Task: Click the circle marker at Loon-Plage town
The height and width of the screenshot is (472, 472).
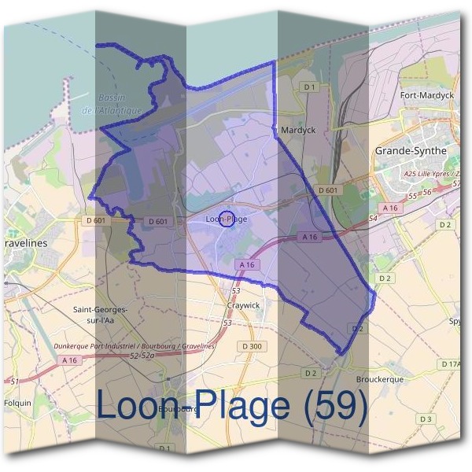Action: tap(226, 220)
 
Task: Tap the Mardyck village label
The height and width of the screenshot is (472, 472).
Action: tap(298, 131)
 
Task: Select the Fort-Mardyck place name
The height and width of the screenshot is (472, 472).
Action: tap(427, 95)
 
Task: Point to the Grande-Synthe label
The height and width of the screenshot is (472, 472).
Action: tap(411, 150)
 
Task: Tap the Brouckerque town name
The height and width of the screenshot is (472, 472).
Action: tap(379, 378)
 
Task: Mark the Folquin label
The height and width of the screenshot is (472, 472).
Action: tap(17, 403)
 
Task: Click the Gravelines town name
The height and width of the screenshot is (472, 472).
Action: tap(24, 243)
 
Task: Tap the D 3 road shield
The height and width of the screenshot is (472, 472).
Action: tap(426, 419)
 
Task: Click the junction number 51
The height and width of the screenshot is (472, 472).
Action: tap(14, 382)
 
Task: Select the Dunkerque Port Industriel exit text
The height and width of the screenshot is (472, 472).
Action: tap(135, 346)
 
